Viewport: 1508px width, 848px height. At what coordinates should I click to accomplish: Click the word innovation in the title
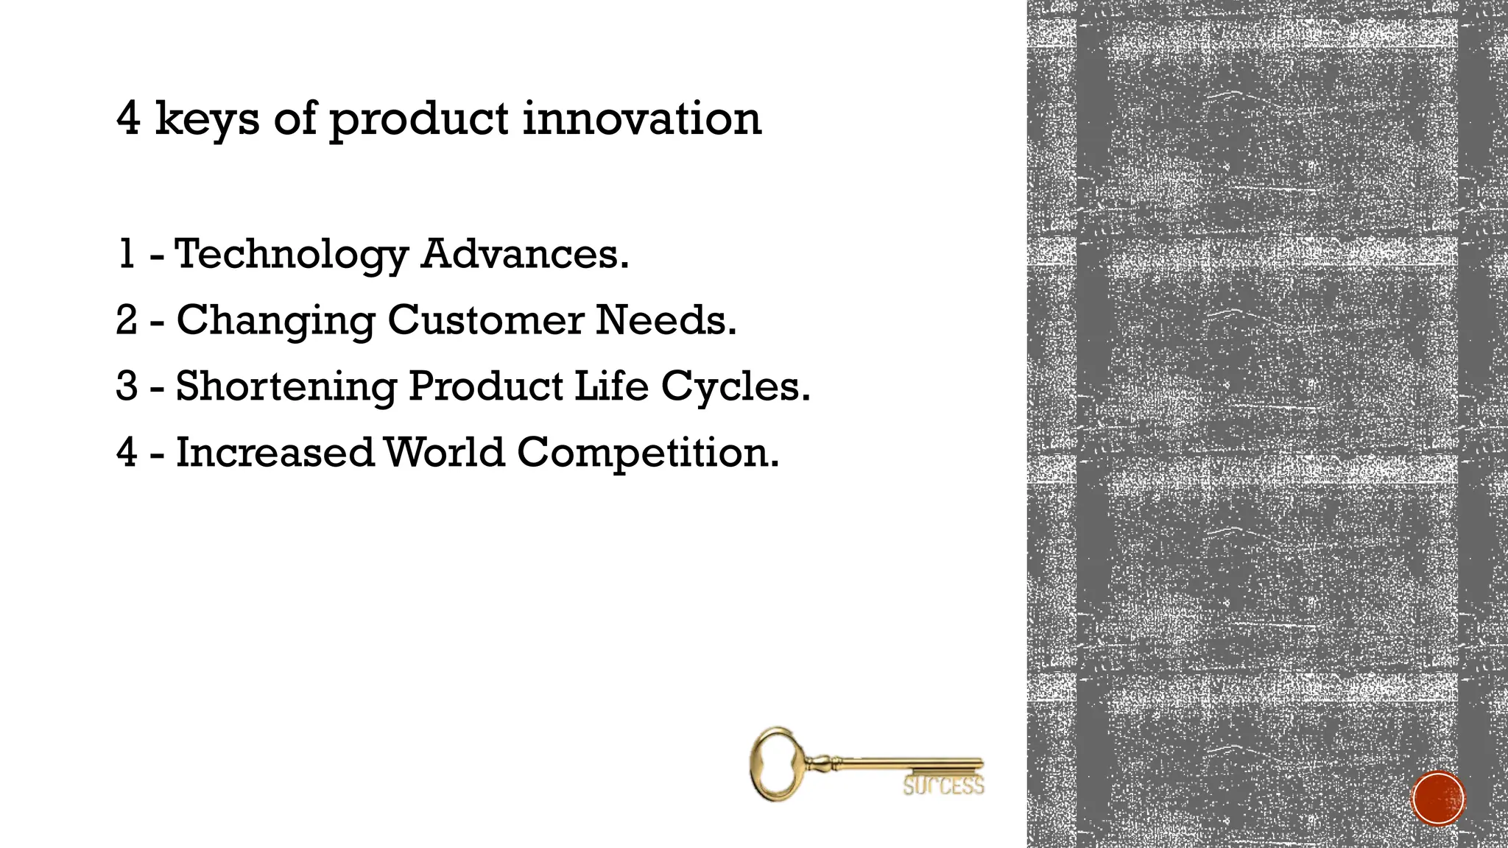(x=641, y=119)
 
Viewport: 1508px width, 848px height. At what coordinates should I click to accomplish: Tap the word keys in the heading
(x=207, y=120)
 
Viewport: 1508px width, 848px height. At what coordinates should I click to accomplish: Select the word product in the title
(x=418, y=120)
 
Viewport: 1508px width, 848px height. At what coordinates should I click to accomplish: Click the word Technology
(x=291, y=255)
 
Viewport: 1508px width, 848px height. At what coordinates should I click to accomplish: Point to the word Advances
(x=524, y=254)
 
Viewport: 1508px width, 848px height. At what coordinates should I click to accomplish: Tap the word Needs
(x=665, y=320)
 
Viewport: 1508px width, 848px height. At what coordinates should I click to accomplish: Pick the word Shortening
(x=286, y=387)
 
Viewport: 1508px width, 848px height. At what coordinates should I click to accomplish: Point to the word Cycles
(x=735, y=387)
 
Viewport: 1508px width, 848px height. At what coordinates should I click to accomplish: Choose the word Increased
(x=275, y=452)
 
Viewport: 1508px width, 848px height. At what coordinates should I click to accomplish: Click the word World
(x=444, y=452)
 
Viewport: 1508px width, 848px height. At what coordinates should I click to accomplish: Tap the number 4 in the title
(x=128, y=119)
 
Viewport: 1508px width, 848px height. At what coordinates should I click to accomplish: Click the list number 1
(x=126, y=254)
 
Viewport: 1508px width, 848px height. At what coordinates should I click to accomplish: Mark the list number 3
(x=127, y=386)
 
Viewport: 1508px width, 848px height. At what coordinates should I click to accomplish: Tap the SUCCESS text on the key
(x=943, y=786)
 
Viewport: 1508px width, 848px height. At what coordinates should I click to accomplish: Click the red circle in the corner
(x=1438, y=799)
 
